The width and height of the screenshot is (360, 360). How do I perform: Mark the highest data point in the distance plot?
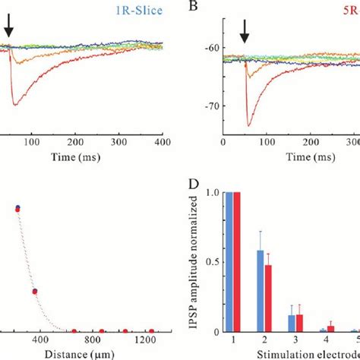click(17, 208)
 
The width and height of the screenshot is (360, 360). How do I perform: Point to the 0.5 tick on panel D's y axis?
click(210, 263)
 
